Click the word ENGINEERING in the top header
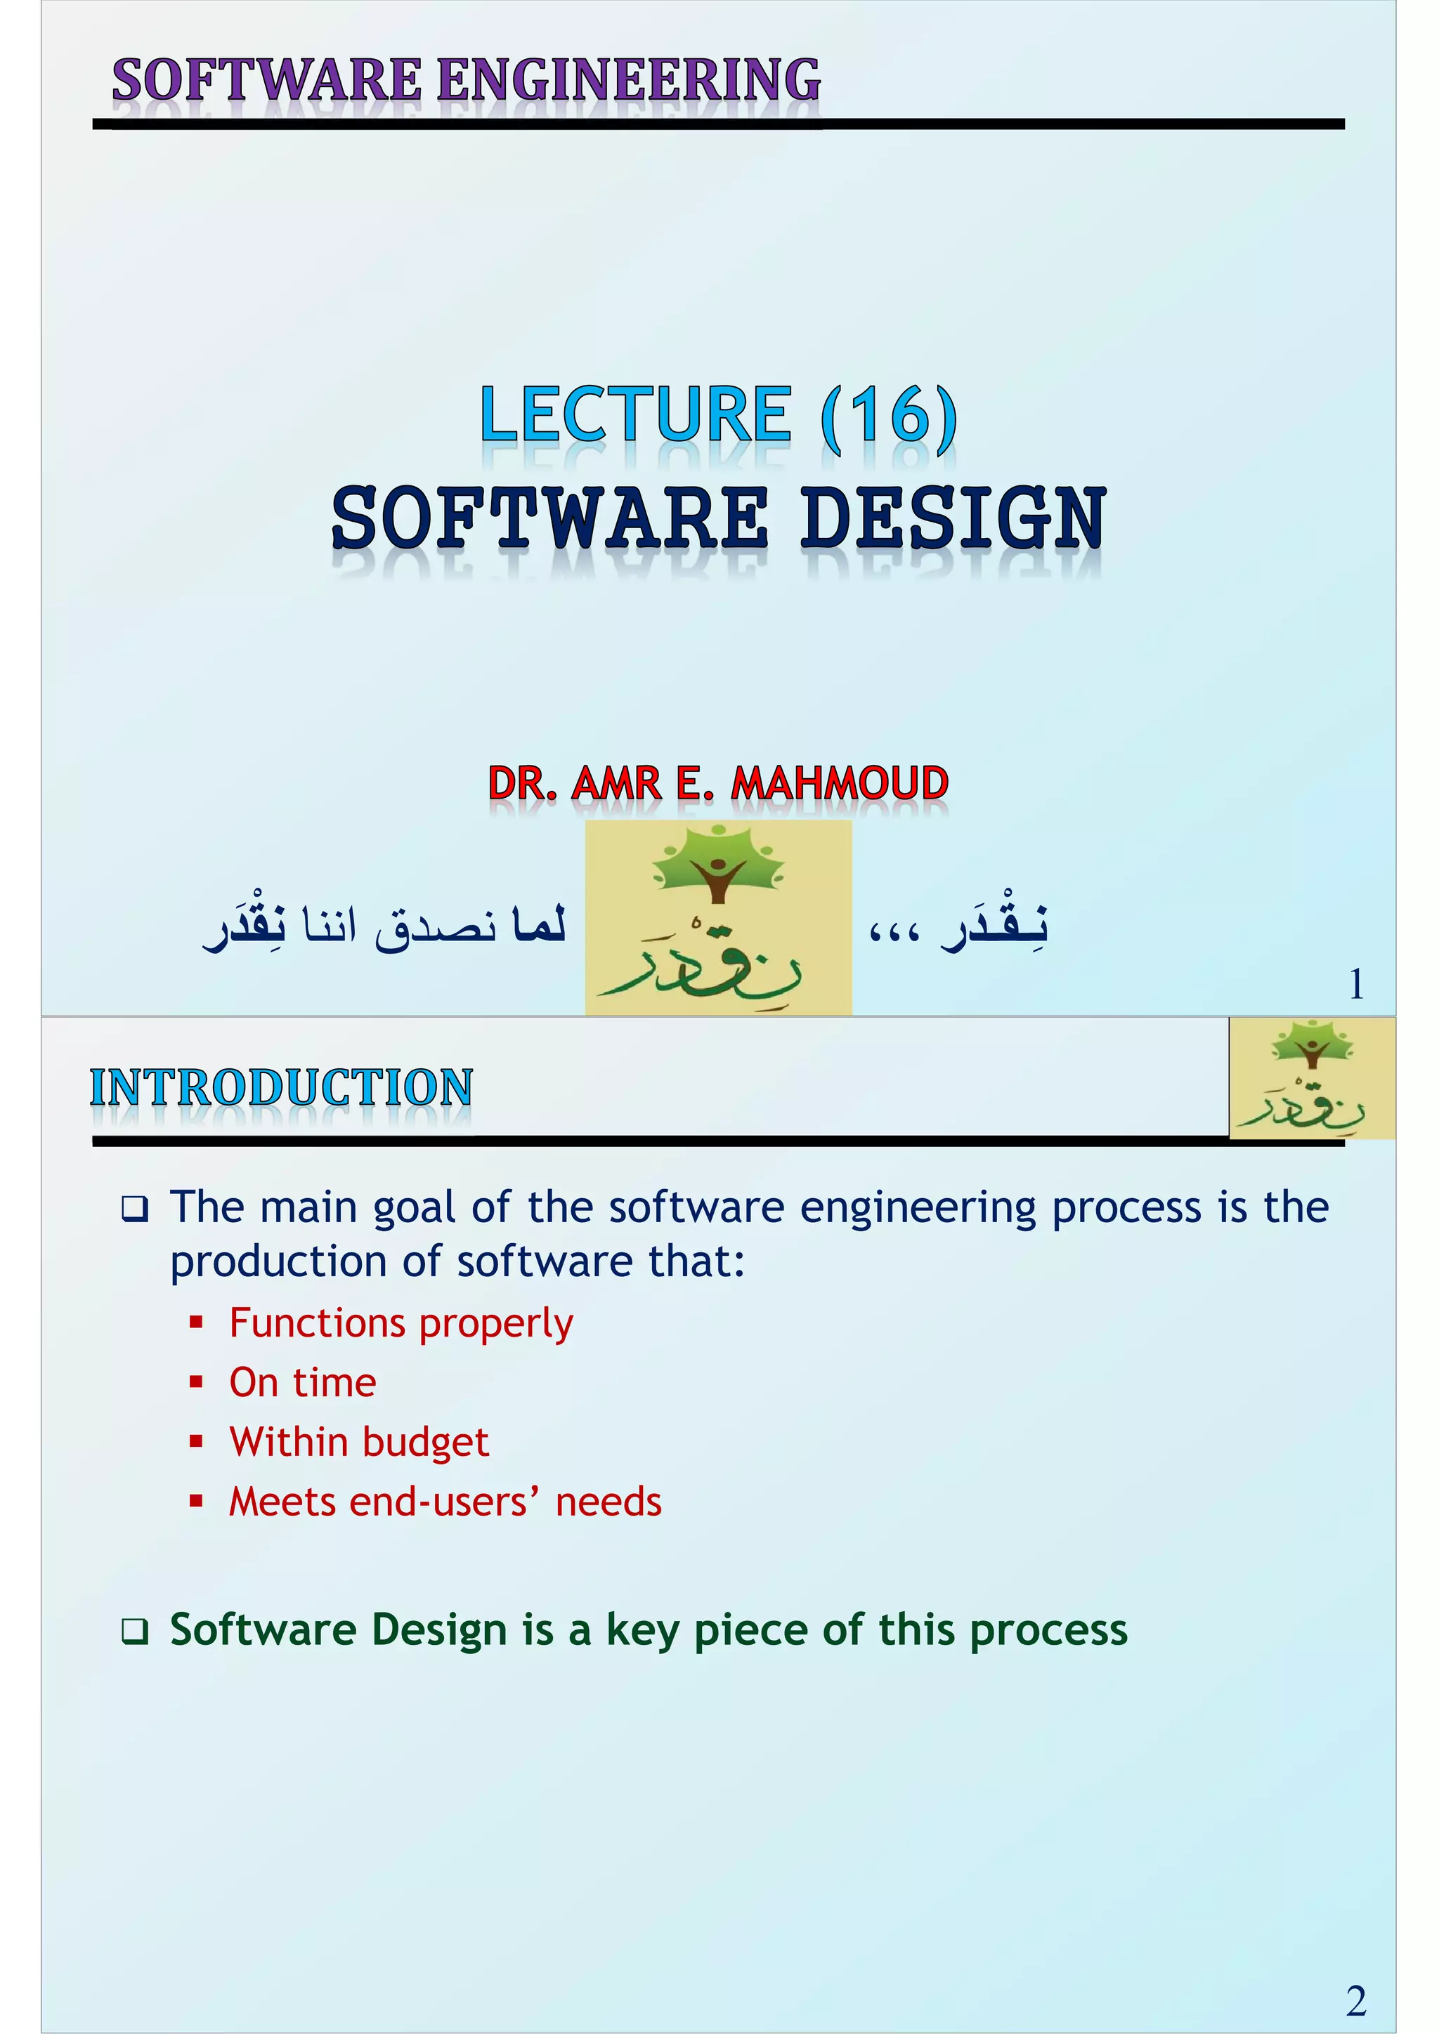(x=628, y=80)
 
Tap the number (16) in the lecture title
(x=889, y=414)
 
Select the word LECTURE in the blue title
(x=634, y=414)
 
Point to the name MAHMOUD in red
(x=840, y=783)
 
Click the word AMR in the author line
(x=616, y=783)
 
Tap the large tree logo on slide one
(x=717, y=917)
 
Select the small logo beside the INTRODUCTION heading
(x=1311, y=1077)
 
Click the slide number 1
(x=1355, y=984)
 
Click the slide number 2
(x=1355, y=2000)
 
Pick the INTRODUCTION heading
(x=281, y=1088)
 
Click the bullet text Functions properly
(x=401, y=1323)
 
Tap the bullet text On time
(x=302, y=1383)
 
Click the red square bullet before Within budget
(x=197, y=1442)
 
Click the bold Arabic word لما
(x=539, y=926)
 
